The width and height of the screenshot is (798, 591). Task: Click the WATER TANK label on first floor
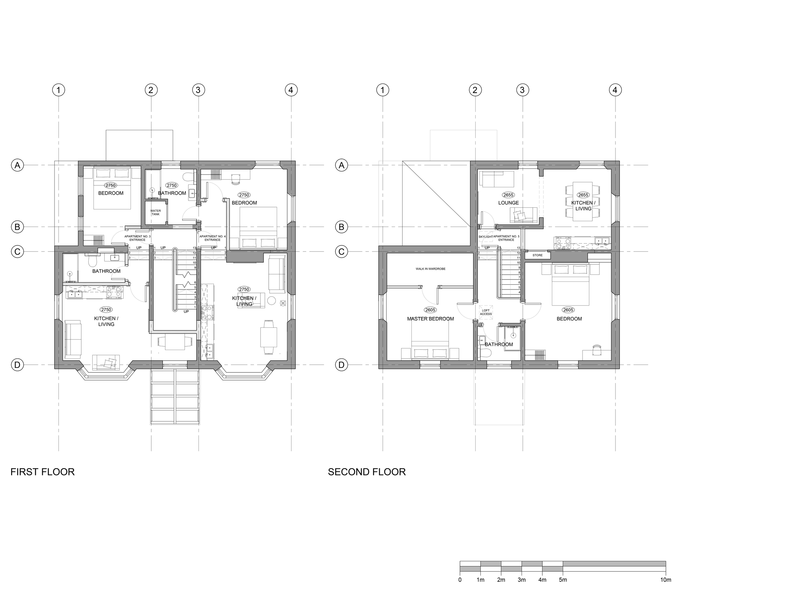(156, 213)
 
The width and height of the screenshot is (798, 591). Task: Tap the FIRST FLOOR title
(42, 472)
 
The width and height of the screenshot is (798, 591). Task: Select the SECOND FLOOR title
(367, 472)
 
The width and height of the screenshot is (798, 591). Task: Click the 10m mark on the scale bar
(666, 580)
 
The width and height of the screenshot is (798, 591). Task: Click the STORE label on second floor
(538, 255)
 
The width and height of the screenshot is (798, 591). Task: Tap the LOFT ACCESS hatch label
(486, 312)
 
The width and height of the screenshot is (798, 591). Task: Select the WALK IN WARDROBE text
(431, 269)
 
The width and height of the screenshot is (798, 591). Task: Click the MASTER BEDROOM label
(431, 319)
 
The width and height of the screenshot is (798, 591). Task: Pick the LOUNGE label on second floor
(508, 203)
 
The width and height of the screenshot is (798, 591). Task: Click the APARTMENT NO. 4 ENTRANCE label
(213, 238)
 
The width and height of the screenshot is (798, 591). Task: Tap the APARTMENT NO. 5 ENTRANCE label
(506, 238)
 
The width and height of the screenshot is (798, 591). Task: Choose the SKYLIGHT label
(486, 236)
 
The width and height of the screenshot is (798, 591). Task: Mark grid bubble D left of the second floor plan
(342, 365)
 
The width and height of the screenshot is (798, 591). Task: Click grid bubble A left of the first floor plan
(17, 165)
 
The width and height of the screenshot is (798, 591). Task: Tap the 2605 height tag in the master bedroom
(431, 310)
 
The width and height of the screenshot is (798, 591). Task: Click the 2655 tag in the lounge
(508, 195)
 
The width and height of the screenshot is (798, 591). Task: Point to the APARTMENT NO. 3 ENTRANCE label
(137, 238)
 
